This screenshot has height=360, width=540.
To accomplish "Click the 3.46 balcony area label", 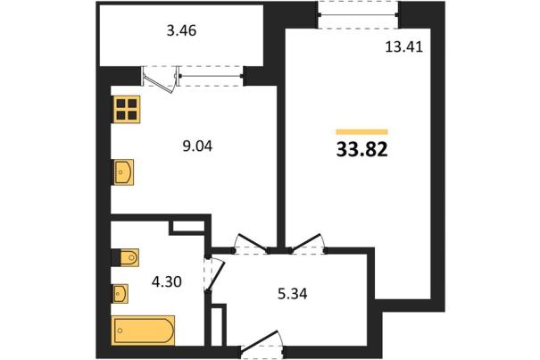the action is coord(181,30).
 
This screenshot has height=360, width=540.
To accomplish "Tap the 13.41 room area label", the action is coord(403,46).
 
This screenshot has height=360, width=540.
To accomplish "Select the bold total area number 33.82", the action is coord(362,150).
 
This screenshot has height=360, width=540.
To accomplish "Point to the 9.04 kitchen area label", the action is coord(197,147).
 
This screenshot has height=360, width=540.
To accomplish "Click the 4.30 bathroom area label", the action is coord(167,282).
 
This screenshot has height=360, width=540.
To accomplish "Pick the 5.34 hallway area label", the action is coord(293,294).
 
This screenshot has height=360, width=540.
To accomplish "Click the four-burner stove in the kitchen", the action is coord(127,109).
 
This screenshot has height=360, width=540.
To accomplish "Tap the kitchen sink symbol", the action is coord(124,172).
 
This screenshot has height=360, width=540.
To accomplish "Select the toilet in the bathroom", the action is coord(129,257).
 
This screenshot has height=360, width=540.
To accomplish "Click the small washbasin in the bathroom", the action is coord(120,294).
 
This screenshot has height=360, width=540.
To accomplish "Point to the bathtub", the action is coord(143,331).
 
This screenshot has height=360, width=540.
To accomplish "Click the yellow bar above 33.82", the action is coord(362,131).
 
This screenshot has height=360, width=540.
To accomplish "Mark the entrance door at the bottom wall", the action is coord(262,341).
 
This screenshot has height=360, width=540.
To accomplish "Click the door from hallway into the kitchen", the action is coord(252,243).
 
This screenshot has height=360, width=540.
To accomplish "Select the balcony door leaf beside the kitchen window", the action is coord(158,84).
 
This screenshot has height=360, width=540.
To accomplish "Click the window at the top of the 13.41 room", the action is coord(358,15).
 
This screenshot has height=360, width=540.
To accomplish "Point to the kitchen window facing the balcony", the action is coord(211,76).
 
